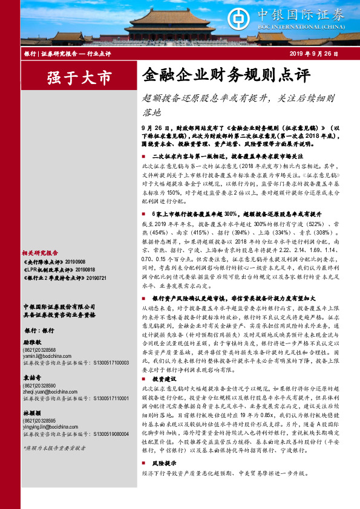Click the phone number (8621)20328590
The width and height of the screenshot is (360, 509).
[x=40, y=385]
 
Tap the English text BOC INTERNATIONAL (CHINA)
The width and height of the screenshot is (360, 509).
[x=318, y=27]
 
